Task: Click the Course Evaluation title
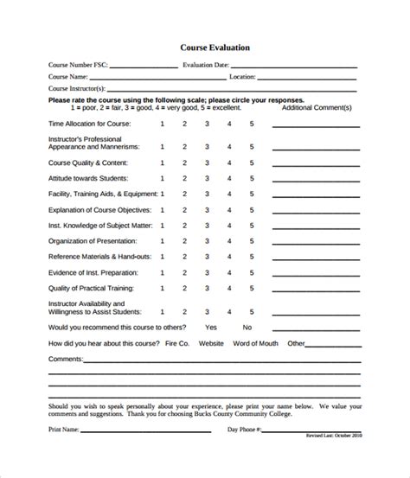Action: pyautogui.click(x=215, y=48)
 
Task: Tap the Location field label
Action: pyautogui.click(x=242, y=76)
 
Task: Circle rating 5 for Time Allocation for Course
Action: pyautogui.click(x=252, y=124)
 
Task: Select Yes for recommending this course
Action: pyautogui.click(x=211, y=328)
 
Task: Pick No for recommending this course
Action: pyautogui.click(x=247, y=328)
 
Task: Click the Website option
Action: pyautogui.click(x=211, y=343)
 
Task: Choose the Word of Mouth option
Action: pyautogui.click(x=256, y=343)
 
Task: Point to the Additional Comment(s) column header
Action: pyautogui.click(x=317, y=107)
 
